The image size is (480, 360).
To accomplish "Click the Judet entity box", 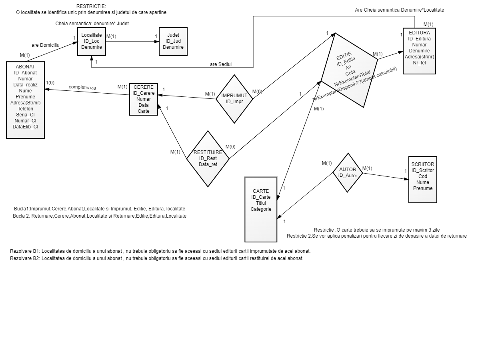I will tap(173, 41).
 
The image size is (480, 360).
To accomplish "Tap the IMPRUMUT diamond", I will tap(234, 98).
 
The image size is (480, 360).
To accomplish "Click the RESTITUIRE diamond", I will tap(208, 158).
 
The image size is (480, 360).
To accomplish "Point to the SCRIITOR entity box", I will tap(422, 180).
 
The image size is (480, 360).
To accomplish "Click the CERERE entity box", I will tap(144, 99).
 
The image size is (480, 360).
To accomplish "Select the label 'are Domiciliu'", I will tap(46, 45).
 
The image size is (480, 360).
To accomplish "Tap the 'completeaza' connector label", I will tap(82, 87).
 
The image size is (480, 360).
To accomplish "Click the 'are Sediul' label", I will tap(221, 64).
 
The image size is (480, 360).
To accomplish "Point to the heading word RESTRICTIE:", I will tap(91, 6).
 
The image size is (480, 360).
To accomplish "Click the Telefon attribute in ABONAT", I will tap(25, 108).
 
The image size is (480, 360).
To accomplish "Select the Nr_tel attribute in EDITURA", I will tap(419, 63).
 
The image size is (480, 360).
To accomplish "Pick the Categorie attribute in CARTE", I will tap(261, 209).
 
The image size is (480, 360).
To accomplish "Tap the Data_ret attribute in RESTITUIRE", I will tap(208, 164).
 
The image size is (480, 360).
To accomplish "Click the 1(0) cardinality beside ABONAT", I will tap(50, 83).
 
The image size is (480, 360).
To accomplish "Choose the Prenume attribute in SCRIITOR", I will tap(422, 188).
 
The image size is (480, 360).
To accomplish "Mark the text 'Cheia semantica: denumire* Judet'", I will tap(92, 24).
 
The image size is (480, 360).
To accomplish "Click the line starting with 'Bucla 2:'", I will tap(100, 216).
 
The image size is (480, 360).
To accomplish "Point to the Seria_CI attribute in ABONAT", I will tap(25, 114).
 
